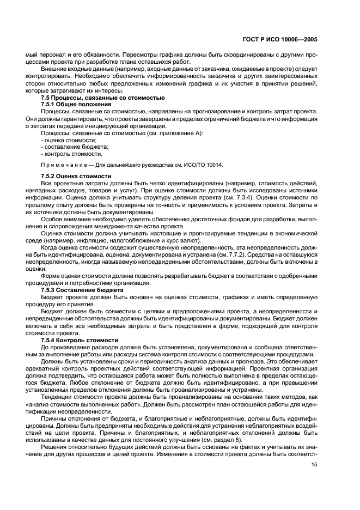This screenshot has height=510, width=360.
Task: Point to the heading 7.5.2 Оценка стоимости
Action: [76, 177]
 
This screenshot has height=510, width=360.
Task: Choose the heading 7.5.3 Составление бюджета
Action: [83, 290]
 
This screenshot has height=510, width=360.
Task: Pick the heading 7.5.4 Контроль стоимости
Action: [80, 340]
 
